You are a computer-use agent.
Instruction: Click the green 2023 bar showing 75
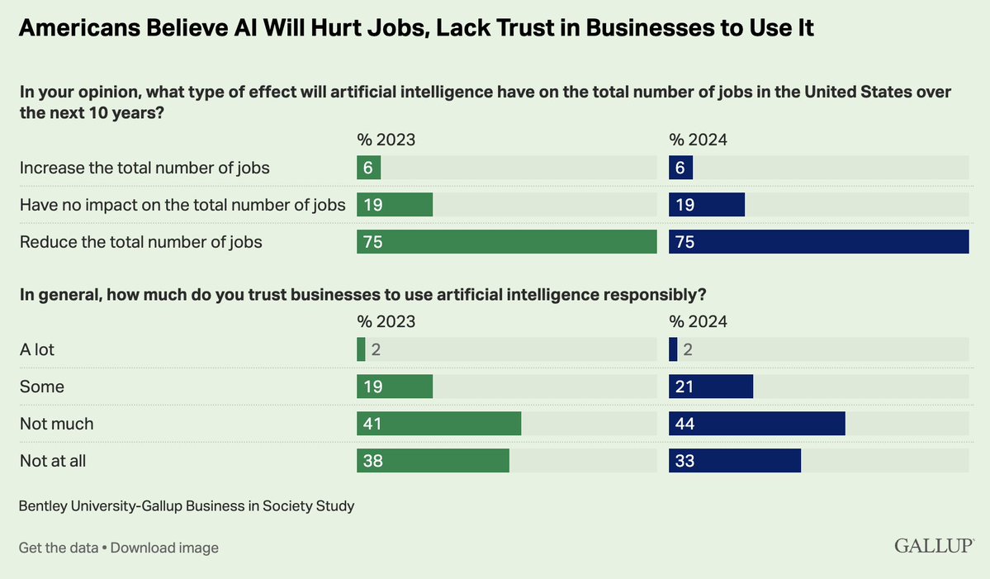click(506, 241)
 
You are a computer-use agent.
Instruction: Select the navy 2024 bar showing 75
click(818, 241)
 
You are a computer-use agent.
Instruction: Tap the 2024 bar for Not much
click(757, 424)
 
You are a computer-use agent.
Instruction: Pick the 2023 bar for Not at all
click(433, 461)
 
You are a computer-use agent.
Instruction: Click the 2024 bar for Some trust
click(711, 387)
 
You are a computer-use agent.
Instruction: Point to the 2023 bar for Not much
click(438, 424)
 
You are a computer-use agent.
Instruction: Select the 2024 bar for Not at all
click(735, 461)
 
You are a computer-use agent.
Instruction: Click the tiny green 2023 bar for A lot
click(361, 349)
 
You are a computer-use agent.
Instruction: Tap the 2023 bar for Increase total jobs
click(368, 168)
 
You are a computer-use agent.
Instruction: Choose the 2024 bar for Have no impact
click(707, 205)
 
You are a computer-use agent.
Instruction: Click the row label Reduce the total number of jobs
click(141, 241)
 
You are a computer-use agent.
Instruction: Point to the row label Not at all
click(53, 461)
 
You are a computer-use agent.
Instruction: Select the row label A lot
click(37, 349)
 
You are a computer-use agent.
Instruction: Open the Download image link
click(164, 548)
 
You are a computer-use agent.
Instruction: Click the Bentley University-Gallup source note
click(187, 505)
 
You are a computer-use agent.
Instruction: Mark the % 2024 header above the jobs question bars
click(698, 140)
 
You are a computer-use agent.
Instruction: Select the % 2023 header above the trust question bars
click(386, 321)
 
